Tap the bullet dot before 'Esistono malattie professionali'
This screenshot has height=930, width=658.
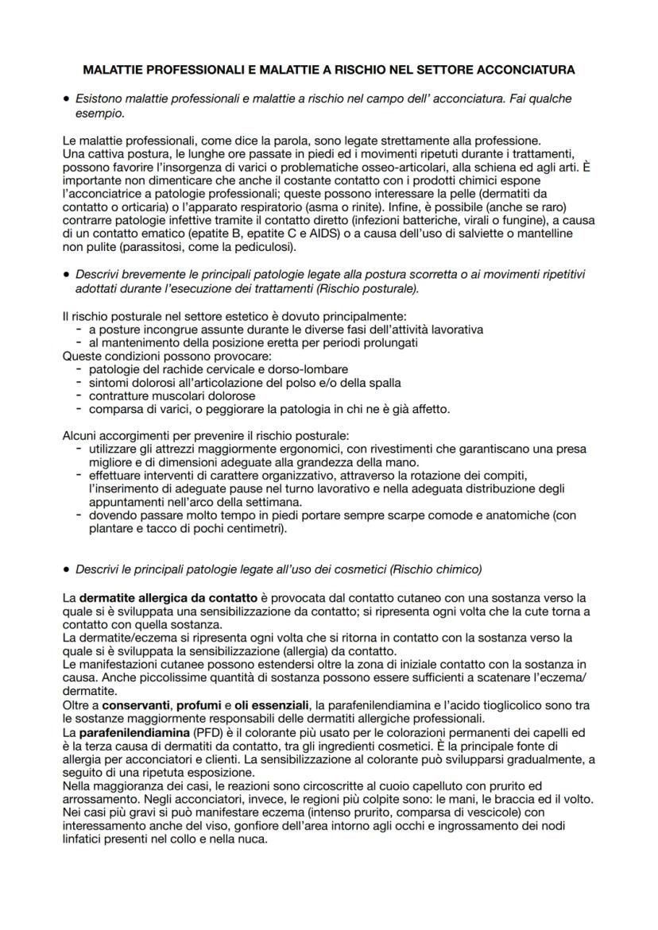(65, 98)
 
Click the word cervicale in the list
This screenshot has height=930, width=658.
(218, 369)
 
